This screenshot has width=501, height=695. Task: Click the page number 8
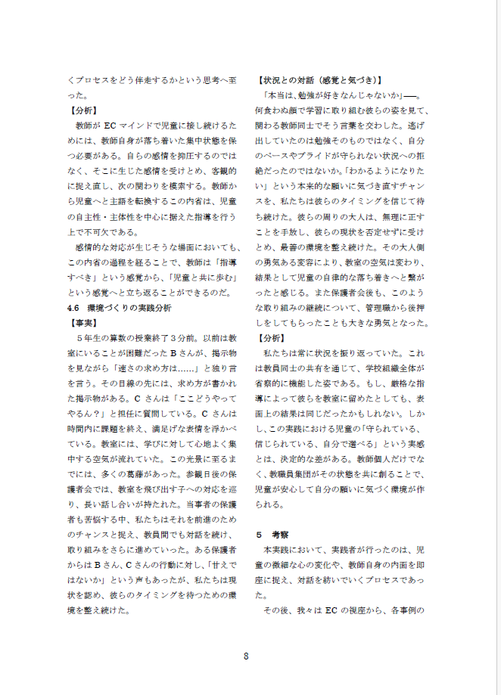tap(246, 656)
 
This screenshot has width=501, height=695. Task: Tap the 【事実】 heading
tap(82, 322)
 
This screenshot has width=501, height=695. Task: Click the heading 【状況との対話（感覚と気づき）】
tap(319, 79)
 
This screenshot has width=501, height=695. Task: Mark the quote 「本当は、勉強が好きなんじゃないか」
tap(335, 95)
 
